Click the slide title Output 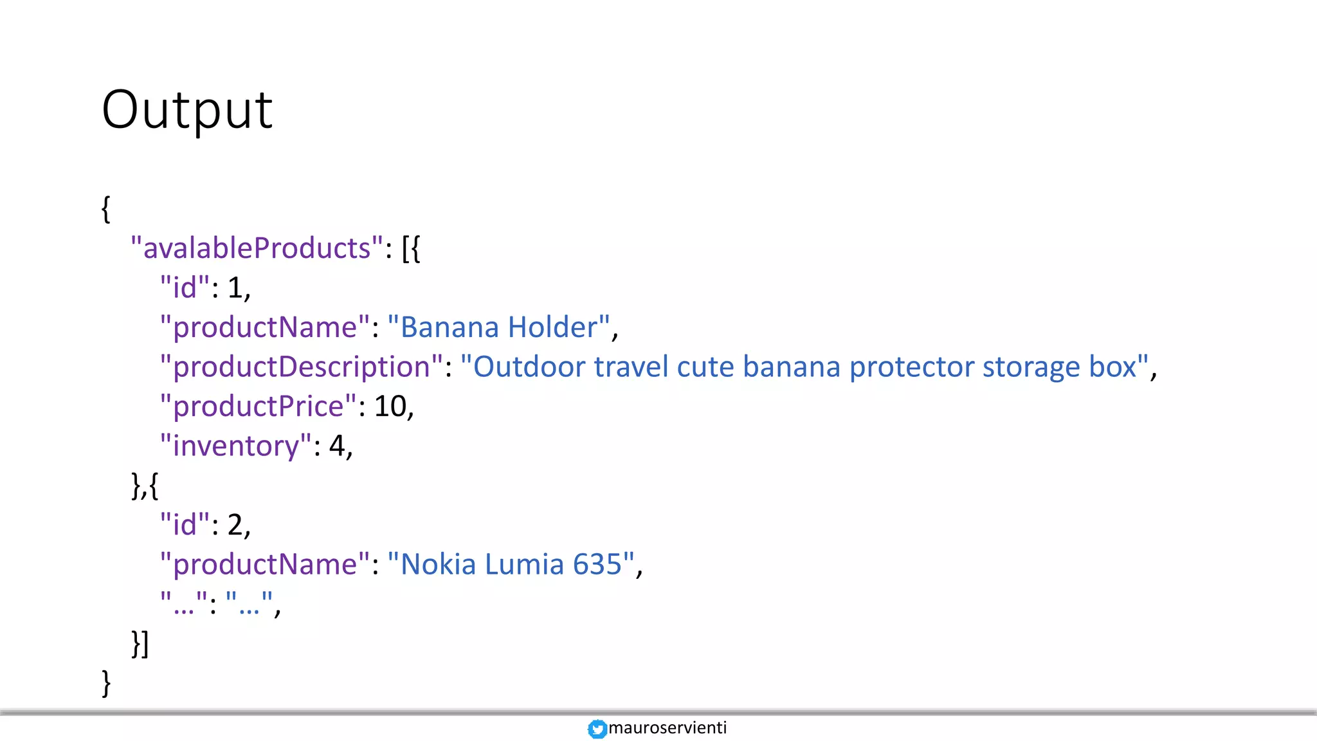(187, 110)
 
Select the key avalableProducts (257, 248)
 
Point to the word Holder (552, 327)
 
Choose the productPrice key (258, 407)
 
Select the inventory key (235, 446)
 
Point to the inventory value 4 (337, 446)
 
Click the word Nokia (438, 565)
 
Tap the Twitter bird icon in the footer (597, 729)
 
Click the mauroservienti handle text (668, 727)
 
